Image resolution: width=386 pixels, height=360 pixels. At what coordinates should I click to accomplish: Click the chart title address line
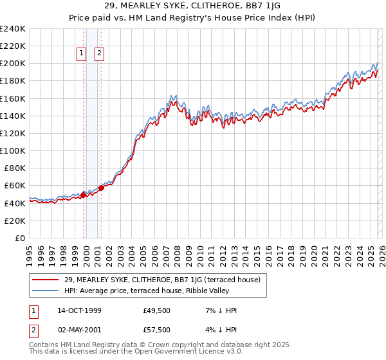click(x=192, y=7)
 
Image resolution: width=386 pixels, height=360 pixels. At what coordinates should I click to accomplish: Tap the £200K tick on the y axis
click(x=13, y=64)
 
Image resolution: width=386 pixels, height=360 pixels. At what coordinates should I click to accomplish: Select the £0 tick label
click(x=21, y=238)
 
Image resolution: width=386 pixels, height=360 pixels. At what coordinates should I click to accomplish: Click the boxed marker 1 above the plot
click(x=82, y=54)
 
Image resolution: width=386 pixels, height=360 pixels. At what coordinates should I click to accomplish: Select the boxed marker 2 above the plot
click(x=100, y=54)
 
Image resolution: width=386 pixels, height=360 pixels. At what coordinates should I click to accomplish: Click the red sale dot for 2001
click(x=101, y=188)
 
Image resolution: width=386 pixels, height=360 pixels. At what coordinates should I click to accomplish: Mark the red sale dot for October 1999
click(x=83, y=195)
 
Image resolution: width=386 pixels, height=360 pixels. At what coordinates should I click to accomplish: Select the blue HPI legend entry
click(x=152, y=291)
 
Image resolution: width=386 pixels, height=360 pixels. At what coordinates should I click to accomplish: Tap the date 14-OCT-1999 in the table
click(x=79, y=310)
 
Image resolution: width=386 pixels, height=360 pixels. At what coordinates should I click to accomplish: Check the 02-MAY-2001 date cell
click(x=79, y=330)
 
